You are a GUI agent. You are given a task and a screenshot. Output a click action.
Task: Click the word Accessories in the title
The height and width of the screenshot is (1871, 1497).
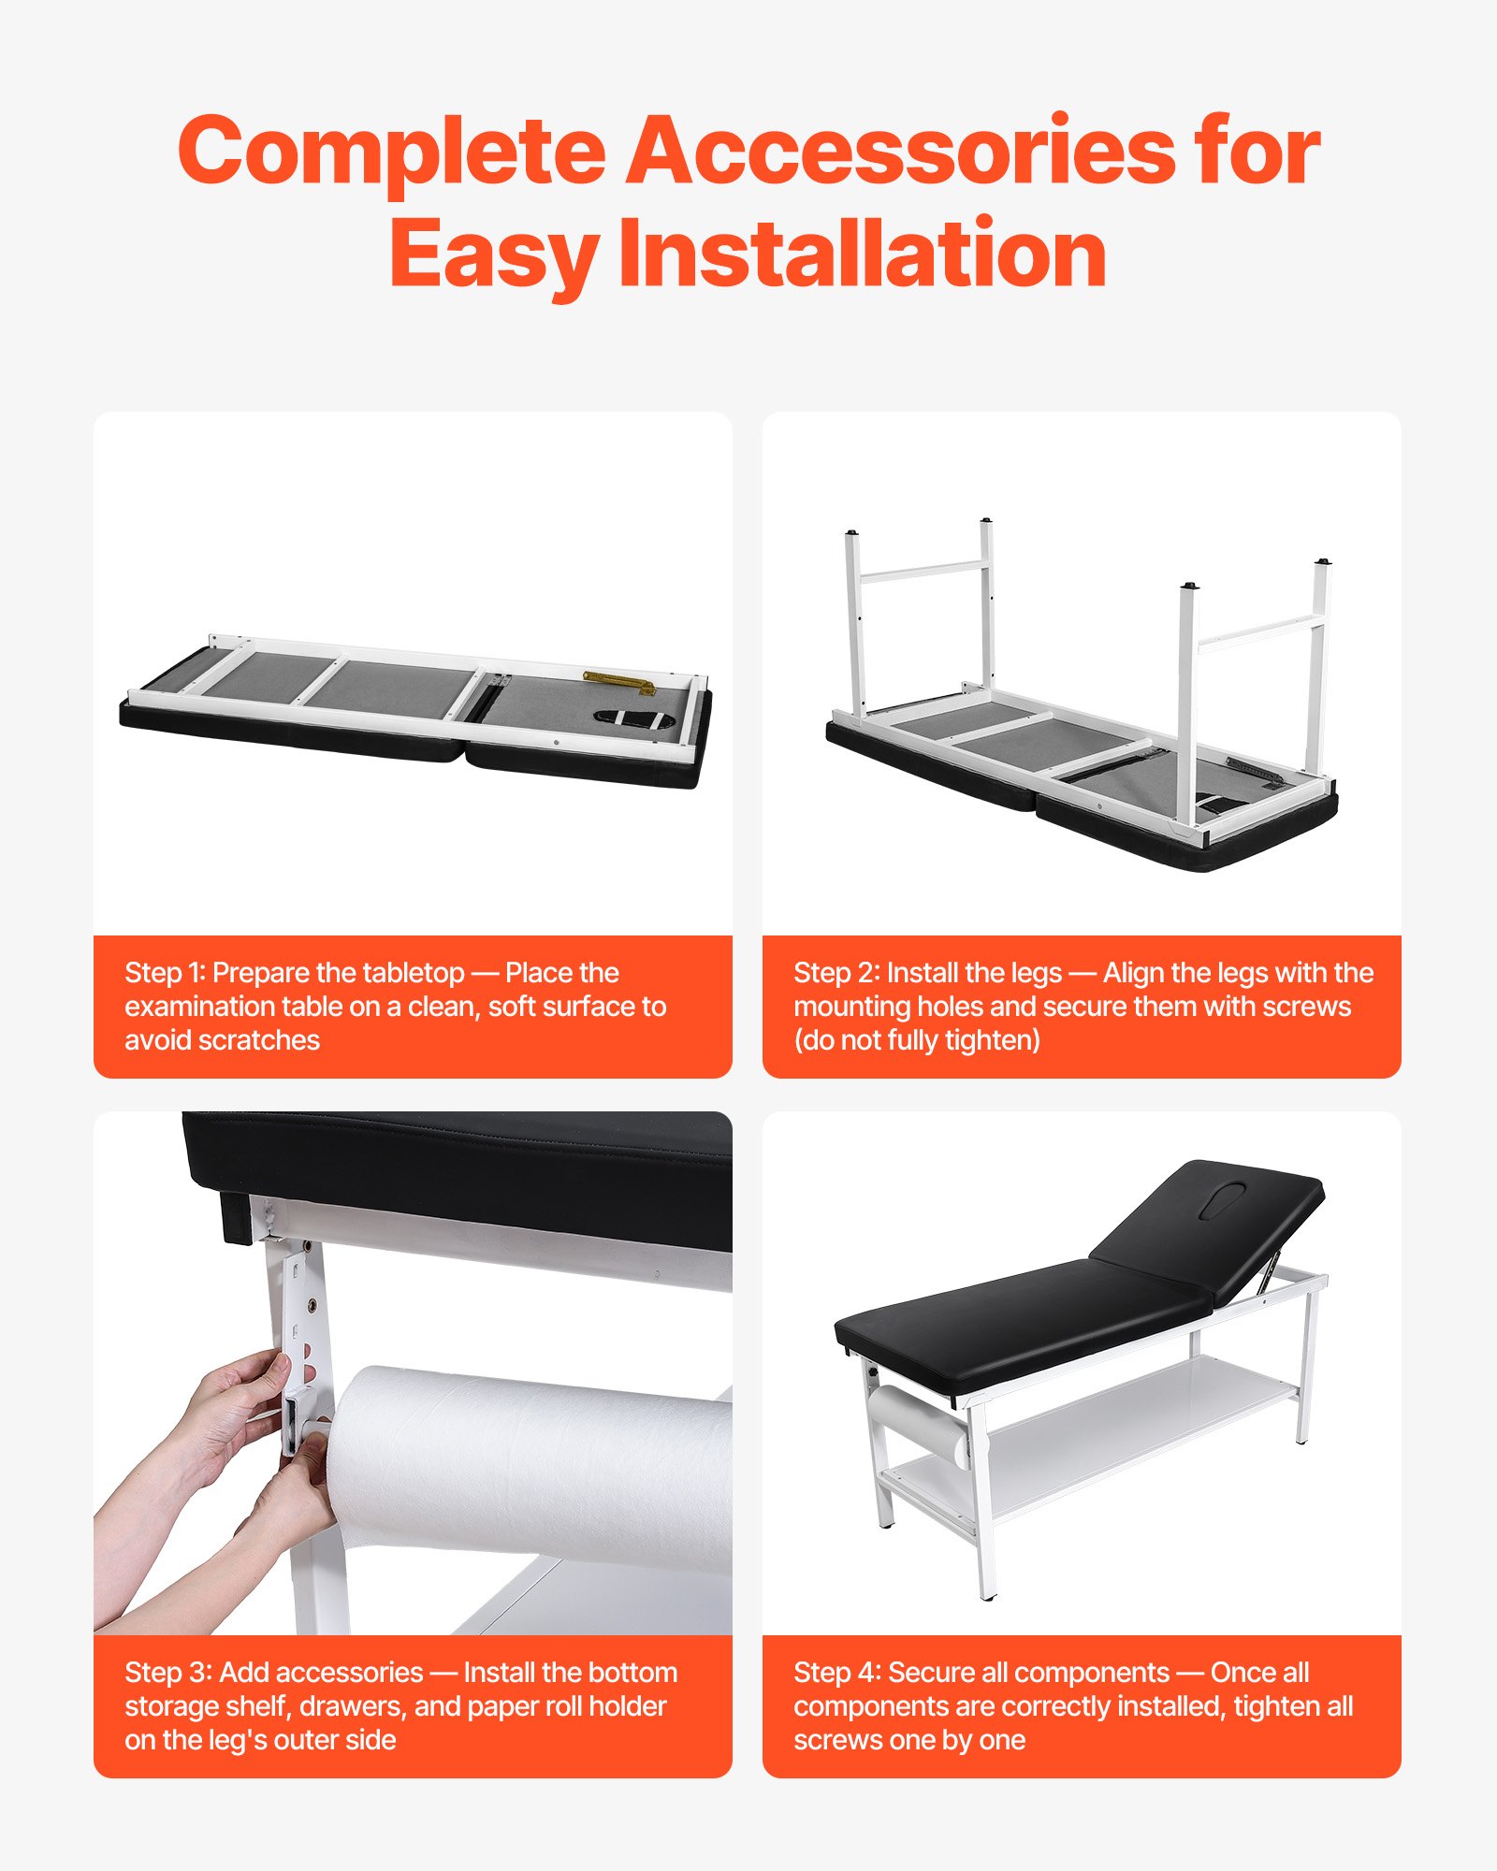(900, 152)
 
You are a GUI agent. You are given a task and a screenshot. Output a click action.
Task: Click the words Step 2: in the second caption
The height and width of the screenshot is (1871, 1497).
(836, 973)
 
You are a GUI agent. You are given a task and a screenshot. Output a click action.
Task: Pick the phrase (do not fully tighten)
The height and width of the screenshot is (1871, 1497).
(917, 1040)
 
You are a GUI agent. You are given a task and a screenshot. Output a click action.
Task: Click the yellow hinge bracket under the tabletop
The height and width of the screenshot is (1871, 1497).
(618, 681)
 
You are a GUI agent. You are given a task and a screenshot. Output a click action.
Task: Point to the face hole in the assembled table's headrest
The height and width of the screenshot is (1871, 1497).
(1223, 1198)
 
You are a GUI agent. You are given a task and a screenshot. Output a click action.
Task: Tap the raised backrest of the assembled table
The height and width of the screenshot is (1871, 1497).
(1207, 1216)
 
